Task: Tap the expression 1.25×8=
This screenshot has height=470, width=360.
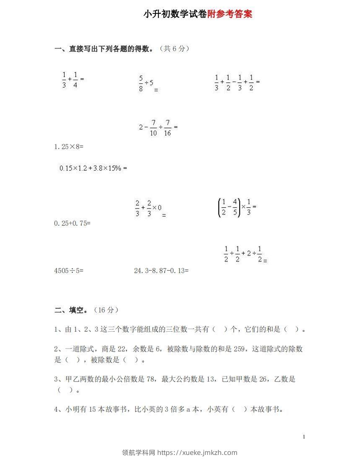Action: [x=69, y=147]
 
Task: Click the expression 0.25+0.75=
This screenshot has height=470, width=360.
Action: [x=73, y=223]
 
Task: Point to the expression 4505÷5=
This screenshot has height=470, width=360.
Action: [x=69, y=271]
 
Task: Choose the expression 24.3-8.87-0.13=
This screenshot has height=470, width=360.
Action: [x=161, y=271]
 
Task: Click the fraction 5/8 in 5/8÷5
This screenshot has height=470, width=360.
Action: [x=141, y=83]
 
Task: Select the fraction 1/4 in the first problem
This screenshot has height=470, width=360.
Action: [x=75, y=80]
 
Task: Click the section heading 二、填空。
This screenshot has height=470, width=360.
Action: [x=72, y=310]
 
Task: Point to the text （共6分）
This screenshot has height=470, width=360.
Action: [x=175, y=49]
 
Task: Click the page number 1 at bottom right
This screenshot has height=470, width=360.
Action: [x=304, y=437]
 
